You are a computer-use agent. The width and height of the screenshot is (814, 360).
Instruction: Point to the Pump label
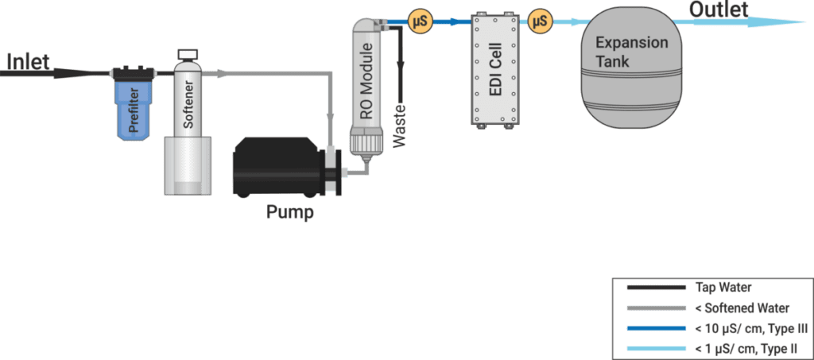click(290, 212)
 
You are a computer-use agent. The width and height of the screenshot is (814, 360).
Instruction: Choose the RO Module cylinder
click(366, 87)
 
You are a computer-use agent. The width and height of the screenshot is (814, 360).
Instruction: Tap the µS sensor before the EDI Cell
click(418, 22)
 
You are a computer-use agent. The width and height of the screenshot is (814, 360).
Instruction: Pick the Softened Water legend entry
click(707, 308)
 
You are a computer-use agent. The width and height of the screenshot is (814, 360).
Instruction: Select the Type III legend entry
click(707, 328)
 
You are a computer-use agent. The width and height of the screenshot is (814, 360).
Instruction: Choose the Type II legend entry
click(707, 348)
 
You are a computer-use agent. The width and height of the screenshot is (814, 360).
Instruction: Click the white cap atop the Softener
click(188, 54)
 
